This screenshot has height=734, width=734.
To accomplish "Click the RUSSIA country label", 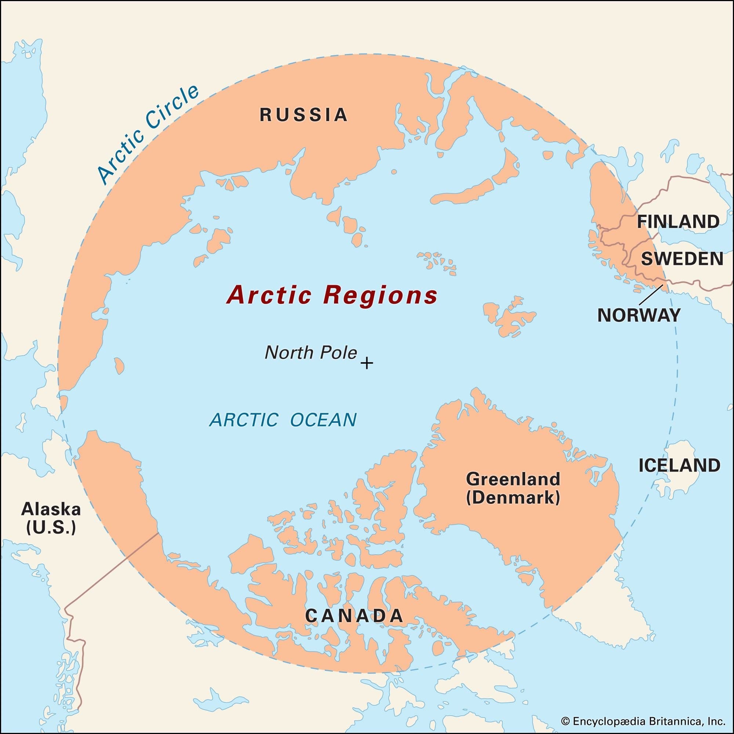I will (304, 115).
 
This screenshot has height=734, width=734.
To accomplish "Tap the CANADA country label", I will (354, 616).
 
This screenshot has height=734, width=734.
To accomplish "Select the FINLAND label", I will (678, 222).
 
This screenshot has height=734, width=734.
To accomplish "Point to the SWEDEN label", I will (682, 259).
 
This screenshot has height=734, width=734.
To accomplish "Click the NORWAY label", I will (639, 315).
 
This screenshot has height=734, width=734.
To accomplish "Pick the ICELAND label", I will (679, 465).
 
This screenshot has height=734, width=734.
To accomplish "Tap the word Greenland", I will (513, 479).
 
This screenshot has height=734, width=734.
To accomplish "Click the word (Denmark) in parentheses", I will (513, 497).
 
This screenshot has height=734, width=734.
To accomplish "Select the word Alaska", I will (51, 509).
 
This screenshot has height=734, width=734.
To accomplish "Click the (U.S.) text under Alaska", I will (51, 528).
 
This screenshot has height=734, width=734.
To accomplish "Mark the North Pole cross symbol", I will (367, 363).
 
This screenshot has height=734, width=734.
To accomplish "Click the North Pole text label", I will (311, 353).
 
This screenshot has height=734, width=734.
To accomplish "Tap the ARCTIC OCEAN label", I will (283, 420).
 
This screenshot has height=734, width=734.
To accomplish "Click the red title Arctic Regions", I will (332, 295).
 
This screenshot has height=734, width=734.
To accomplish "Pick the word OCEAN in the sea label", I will (323, 420).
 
